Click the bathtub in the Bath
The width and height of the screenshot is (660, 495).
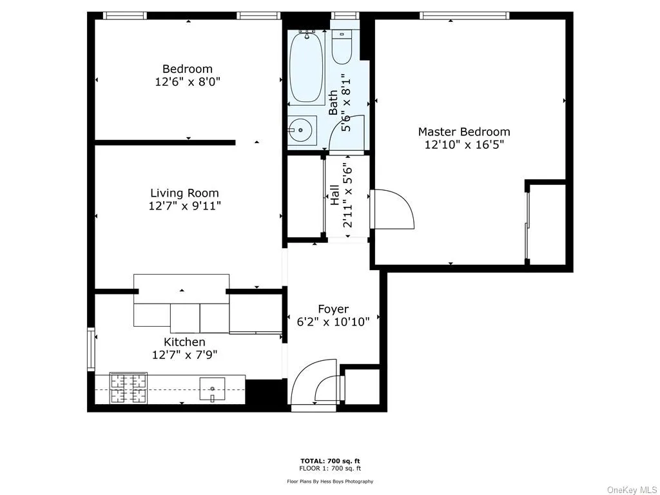coord(306,68)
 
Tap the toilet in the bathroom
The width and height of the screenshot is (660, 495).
coord(342,47)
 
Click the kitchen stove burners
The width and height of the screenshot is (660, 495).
coord(128,389)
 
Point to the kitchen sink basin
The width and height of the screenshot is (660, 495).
coord(212,389)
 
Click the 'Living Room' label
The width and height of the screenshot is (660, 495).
coord(184,193)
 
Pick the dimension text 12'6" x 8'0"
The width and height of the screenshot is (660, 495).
coord(188,82)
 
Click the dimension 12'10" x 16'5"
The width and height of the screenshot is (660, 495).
coord(464,145)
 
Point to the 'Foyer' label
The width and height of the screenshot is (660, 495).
coord(333,309)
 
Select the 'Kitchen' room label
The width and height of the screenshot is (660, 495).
coord(184,342)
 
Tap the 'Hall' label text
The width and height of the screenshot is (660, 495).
coord(335,195)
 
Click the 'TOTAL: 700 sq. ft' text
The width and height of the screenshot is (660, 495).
coord(330,461)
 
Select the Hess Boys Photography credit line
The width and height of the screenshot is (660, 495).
coord(330,481)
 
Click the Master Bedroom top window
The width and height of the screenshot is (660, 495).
coord(464,15)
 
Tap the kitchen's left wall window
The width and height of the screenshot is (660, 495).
coord(92,350)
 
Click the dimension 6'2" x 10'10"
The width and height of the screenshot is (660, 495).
coord(333,322)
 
